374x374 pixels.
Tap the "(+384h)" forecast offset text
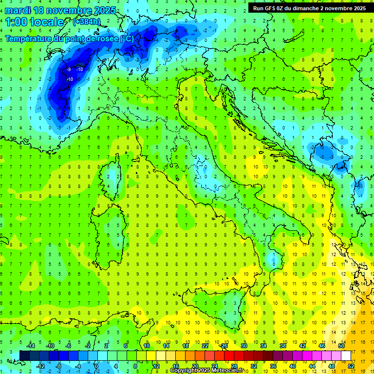click(x=86, y=22)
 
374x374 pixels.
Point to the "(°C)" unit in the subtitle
click(x=126, y=38)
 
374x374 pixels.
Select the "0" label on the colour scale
click(x=96, y=366)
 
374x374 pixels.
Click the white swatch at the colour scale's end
click(x=346, y=355)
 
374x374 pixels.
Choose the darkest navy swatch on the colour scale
click(x=24, y=355)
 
